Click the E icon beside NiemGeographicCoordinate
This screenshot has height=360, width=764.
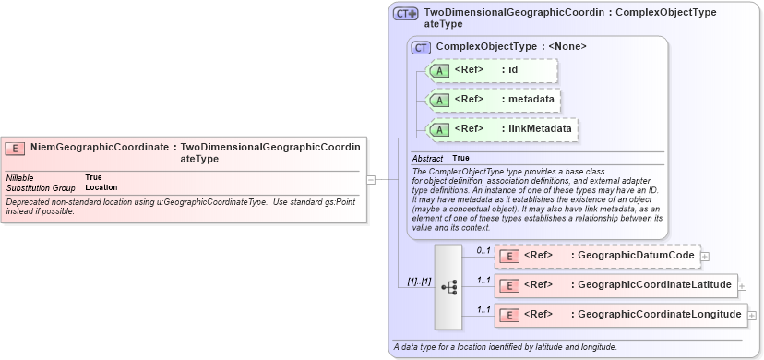click(x=15, y=148)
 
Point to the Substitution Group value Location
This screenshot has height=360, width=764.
click(x=101, y=187)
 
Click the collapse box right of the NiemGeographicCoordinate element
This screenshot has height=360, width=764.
click(x=371, y=179)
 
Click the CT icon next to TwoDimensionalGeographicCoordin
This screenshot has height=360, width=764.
click(x=405, y=14)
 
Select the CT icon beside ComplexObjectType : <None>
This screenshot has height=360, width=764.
click(x=422, y=46)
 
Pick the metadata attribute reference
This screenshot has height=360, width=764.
click(x=494, y=100)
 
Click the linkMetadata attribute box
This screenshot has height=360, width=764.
click(x=503, y=129)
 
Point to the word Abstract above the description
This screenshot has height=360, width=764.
click(x=427, y=159)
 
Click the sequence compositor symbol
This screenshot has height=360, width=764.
click(x=448, y=287)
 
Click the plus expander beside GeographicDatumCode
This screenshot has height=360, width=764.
click(x=705, y=257)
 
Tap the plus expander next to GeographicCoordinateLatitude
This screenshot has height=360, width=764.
click(x=742, y=286)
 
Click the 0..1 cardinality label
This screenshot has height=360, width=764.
click(x=483, y=250)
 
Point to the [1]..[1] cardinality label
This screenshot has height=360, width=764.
click(x=419, y=281)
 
